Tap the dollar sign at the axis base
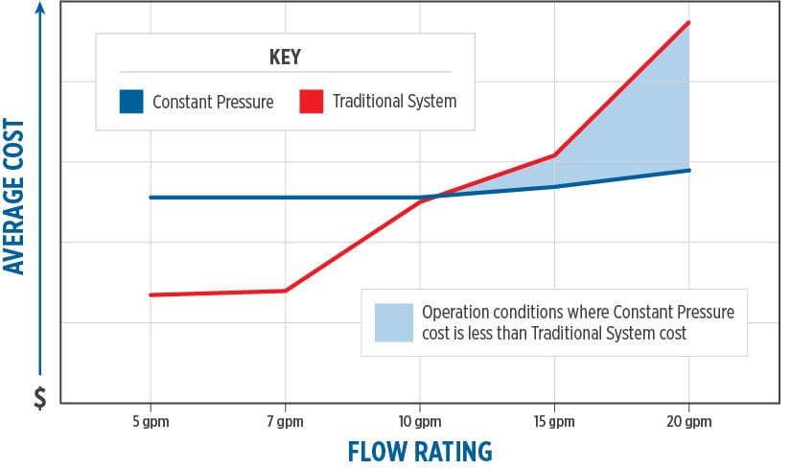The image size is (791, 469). coord(39,397)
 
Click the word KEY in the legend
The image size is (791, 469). coord(285,58)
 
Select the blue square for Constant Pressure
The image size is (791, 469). coord(131,101)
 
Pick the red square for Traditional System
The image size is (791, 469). coord(311,101)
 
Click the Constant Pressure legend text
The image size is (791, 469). coord(213,101)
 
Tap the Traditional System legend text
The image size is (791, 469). coord(394,101)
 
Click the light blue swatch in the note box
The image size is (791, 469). coord(393,323)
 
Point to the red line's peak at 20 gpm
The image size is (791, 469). coord(688,22)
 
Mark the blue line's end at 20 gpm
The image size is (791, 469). coord(688,171)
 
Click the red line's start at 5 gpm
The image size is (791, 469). coord(151,294)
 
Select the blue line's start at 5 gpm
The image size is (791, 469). coord(151,198)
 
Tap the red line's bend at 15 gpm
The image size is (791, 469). coord(554,154)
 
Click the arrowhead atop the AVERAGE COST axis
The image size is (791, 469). coord(39,10)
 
